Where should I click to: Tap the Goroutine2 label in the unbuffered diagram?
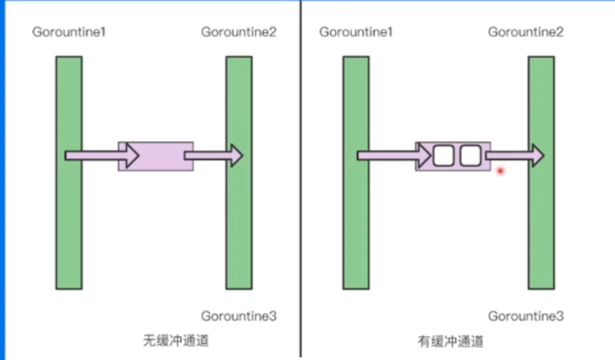click(238, 33)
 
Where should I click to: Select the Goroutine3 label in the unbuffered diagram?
click(238, 316)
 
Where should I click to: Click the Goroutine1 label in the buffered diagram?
click(355, 33)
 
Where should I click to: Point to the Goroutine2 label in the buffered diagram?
click(526, 33)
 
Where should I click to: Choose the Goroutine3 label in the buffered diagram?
click(526, 316)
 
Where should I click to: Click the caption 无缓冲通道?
click(175, 340)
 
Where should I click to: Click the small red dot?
click(500, 171)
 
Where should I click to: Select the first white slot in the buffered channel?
click(442, 156)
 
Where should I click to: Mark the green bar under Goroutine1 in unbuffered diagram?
click(69, 223)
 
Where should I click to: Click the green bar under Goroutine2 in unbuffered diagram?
click(239, 223)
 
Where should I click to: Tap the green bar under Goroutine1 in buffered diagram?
click(356, 223)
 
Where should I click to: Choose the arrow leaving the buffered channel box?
click(514, 156)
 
